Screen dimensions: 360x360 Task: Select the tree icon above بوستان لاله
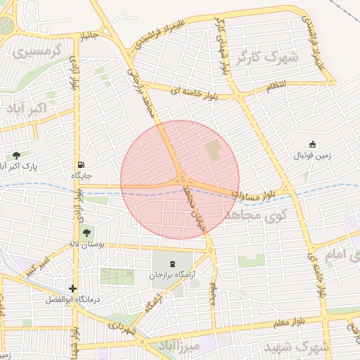click(87, 233)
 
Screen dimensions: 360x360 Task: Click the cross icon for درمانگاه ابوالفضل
click(72, 288)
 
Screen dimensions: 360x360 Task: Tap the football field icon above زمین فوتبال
click(313, 143)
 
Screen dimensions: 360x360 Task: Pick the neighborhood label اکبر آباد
click(26, 109)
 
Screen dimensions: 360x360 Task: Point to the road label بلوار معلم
click(290, 322)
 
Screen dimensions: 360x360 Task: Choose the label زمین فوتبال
click(311, 155)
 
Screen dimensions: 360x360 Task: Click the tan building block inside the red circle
click(212, 150)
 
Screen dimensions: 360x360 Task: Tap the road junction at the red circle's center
click(180, 180)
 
